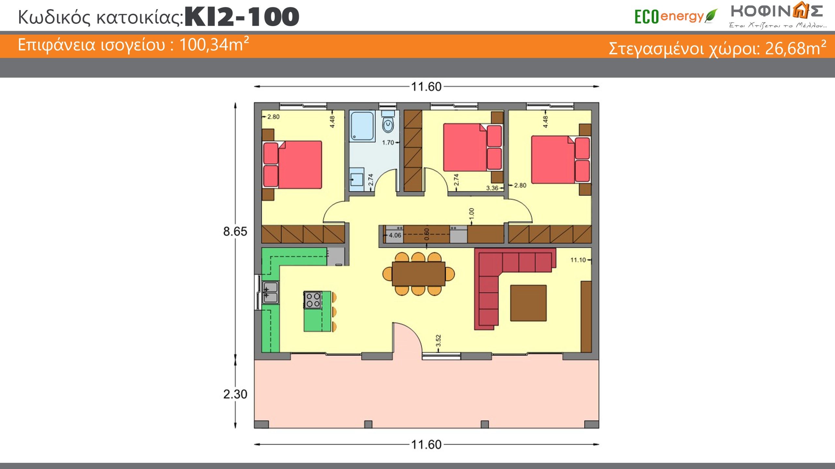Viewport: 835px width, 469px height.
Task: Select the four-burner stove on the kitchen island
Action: click(312, 300)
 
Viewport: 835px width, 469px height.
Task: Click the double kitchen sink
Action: click(271, 292)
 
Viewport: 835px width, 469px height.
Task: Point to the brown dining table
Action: click(418, 274)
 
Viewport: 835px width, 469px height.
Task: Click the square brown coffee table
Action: click(528, 303)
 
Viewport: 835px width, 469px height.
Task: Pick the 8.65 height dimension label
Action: click(235, 231)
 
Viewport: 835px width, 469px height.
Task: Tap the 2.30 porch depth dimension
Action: click(235, 394)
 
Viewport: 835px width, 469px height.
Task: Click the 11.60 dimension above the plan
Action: click(426, 86)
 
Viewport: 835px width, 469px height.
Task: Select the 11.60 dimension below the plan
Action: click(426, 445)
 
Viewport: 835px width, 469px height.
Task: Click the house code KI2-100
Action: click(242, 17)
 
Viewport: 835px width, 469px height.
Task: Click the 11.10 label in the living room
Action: click(578, 260)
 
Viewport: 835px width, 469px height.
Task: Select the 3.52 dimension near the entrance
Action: click(438, 340)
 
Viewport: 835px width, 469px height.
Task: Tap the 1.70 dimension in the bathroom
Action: click(388, 143)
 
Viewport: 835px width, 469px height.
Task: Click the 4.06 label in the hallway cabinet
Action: click(395, 235)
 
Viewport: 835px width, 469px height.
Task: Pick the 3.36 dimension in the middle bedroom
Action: click(492, 188)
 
